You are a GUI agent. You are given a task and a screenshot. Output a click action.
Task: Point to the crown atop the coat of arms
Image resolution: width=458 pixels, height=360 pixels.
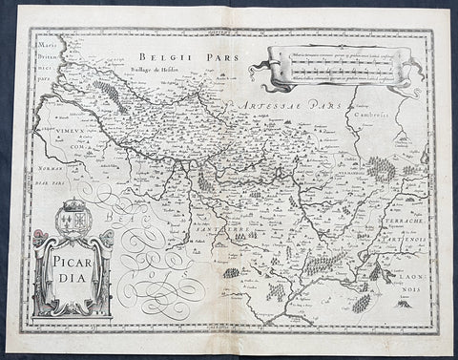point(74,204)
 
